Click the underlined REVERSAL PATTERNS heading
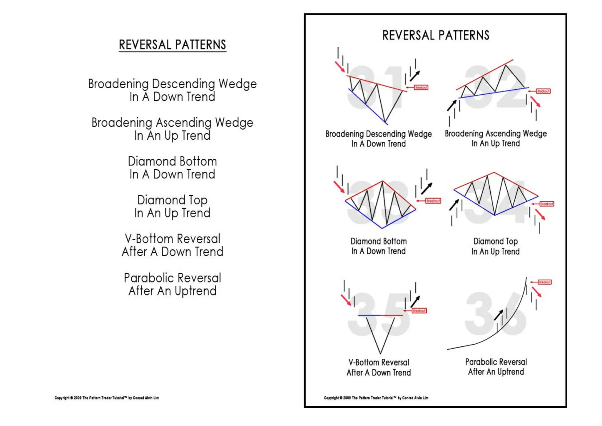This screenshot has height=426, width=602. (172, 45)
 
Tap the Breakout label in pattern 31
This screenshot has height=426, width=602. (421, 87)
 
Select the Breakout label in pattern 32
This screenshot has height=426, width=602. (543, 91)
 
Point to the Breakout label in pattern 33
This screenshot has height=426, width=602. (433, 201)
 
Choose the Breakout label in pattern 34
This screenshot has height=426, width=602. (546, 204)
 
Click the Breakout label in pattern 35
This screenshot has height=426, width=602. (419, 311)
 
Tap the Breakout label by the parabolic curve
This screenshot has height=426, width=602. (544, 282)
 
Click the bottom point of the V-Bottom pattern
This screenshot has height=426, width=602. (380, 353)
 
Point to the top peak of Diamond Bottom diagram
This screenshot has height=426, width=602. (382, 181)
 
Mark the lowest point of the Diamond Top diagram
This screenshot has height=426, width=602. (495, 215)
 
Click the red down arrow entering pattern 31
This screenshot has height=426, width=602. (340, 66)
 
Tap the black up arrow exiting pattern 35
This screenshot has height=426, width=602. (415, 301)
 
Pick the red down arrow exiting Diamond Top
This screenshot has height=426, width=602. (540, 214)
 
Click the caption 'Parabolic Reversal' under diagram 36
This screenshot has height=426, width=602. (496, 362)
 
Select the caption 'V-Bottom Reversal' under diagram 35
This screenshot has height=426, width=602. (379, 362)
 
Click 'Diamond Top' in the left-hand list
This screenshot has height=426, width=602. (172, 200)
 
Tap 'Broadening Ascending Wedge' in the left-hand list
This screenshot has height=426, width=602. (172, 123)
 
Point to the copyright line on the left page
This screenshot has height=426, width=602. (107, 398)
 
